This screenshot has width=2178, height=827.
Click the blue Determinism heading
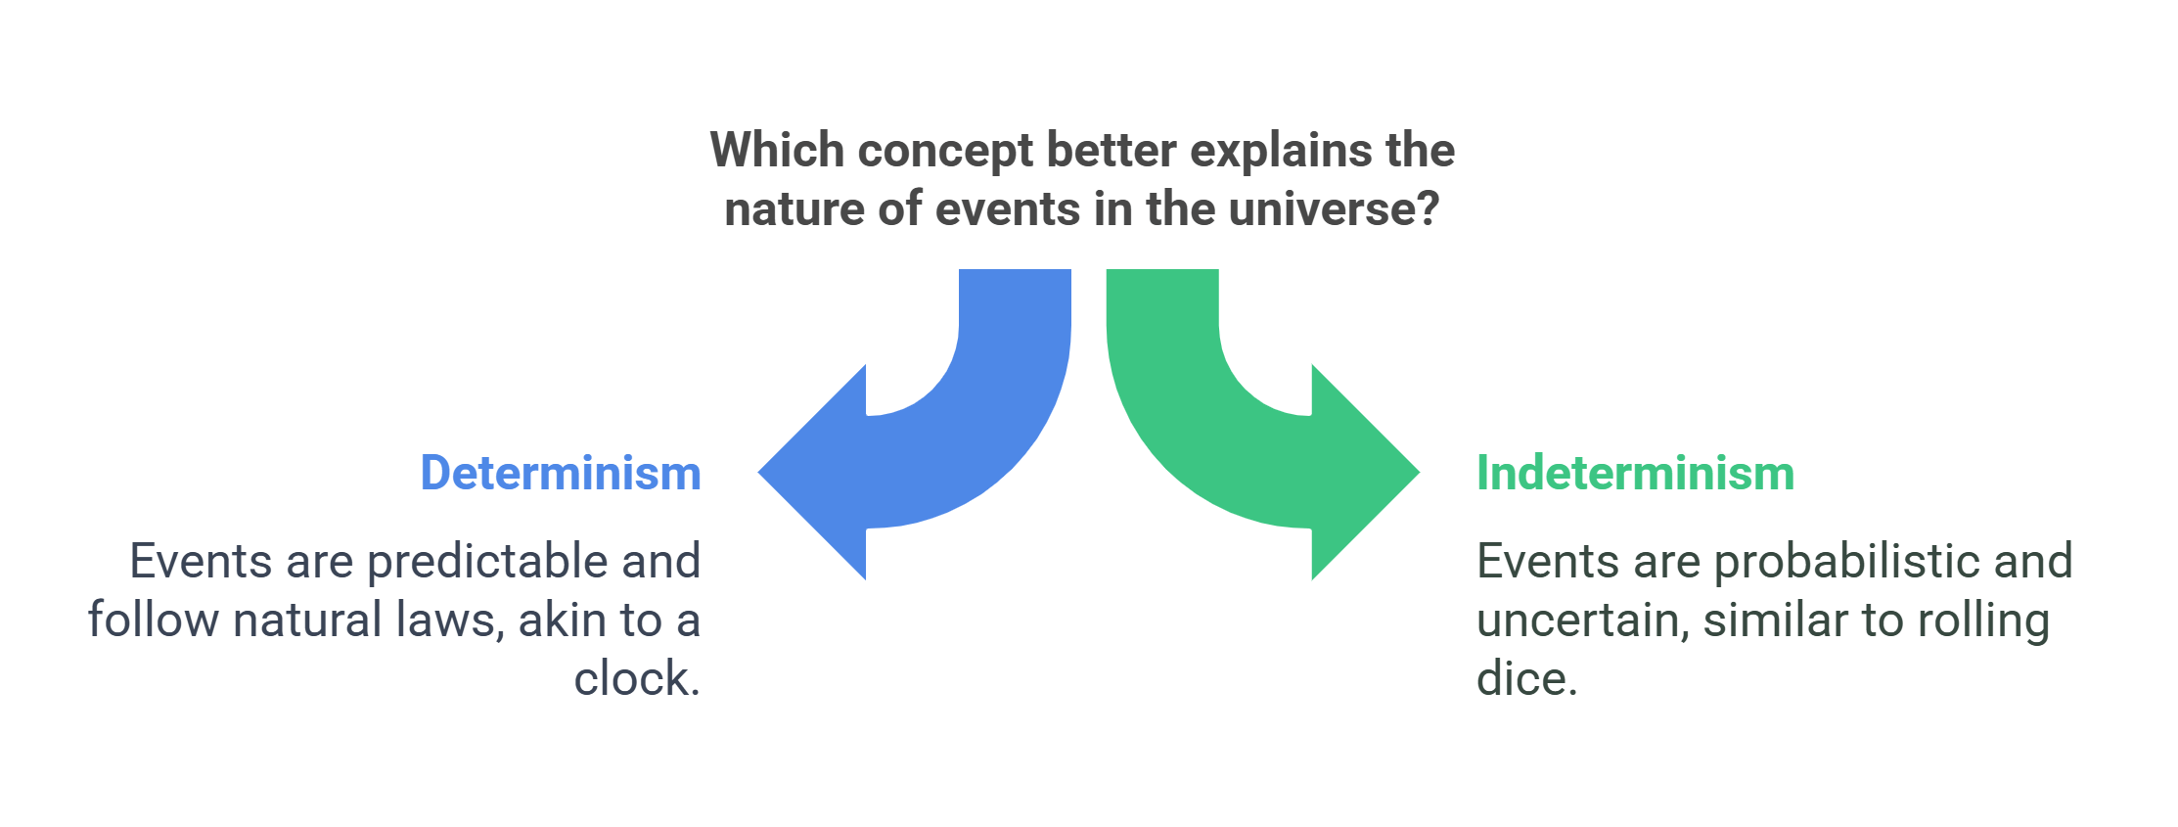(561, 473)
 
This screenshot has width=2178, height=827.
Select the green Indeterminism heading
(1635, 473)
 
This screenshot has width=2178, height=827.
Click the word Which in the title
(776, 151)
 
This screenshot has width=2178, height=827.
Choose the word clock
(636, 678)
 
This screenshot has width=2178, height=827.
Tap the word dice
(1526, 678)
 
